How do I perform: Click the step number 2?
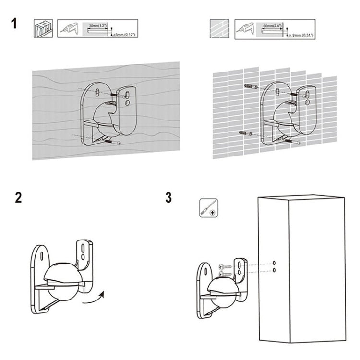point(18,198)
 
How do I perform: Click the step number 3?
point(168,198)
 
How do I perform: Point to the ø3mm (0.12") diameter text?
point(124,35)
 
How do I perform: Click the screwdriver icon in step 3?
point(208,209)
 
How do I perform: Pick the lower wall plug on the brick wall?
point(242,134)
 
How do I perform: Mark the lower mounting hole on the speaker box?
point(274,271)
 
